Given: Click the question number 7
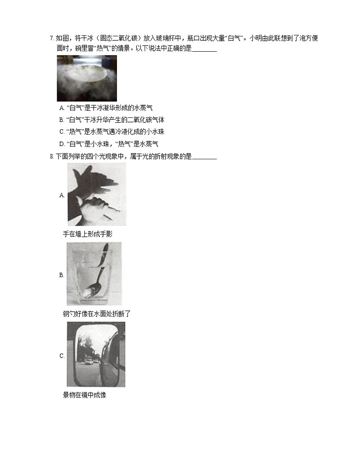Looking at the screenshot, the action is [52, 39].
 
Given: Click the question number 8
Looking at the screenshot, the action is [52, 156].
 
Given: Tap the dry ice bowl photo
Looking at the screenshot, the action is [87, 78].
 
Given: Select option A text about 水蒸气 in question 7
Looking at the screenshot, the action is [106, 108].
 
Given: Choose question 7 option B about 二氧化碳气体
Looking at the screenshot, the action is [112, 120].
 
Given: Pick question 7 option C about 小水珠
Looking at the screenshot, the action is [112, 131].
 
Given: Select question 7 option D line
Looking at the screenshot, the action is [109, 144].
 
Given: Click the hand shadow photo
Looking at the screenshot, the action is [97, 194].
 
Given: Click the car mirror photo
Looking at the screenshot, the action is [96, 354].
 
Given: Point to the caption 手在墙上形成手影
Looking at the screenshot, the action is [88, 234].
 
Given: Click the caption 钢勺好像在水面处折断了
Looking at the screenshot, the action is [97, 314].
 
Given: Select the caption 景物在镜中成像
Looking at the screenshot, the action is [85, 395].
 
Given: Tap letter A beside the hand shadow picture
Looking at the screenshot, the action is [62, 195].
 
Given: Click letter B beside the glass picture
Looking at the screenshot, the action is [62, 275].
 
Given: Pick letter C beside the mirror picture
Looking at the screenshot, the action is [62, 356].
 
